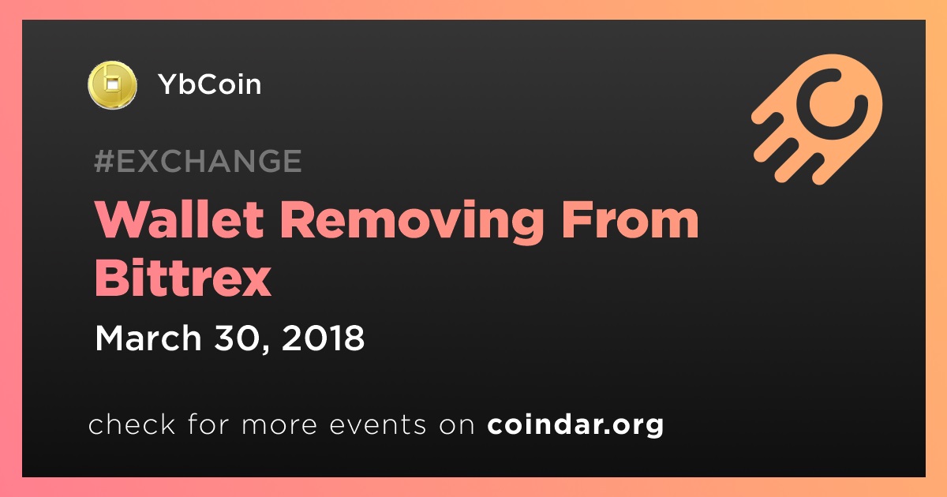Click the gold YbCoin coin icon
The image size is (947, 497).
point(112,85)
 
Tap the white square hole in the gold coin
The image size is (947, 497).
point(111,84)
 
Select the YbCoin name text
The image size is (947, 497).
point(210,84)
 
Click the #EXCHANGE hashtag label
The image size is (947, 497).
point(198,161)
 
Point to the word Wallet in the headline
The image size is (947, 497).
point(179,220)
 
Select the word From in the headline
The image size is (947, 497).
point(630,220)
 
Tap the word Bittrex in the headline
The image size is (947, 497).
point(182,278)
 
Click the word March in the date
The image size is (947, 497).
point(148,338)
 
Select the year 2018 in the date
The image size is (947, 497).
point(323,338)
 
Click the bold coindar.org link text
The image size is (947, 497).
point(575,425)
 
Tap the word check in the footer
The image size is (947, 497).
point(132,424)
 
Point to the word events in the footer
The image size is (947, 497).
point(378,424)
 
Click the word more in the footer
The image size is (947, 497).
point(279,425)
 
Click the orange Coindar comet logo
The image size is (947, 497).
point(817,119)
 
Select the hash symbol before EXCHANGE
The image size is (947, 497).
point(103,161)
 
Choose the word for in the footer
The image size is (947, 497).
point(208,424)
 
